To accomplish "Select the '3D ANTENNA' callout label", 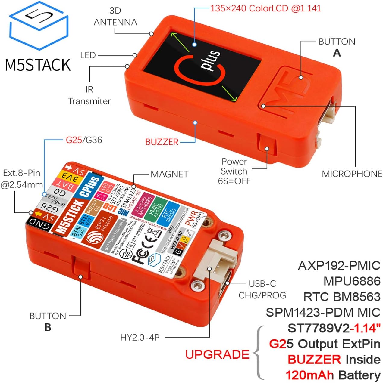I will [x=115, y=17].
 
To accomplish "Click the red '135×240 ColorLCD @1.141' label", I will [x=265, y=8].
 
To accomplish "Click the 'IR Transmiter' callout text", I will [x=89, y=95].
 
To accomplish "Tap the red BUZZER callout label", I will [x=162, y=142].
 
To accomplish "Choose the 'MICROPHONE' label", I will [x=352, y=174].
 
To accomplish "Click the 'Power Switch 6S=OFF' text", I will [x=234, y=171].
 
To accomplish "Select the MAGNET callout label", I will [x=169, y=174].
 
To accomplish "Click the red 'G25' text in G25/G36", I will [x=74, y=140].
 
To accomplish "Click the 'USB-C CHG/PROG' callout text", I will [x=262, y=289].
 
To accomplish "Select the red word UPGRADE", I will [x=217, y=354].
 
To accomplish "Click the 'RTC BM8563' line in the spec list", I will [x=342, y=297].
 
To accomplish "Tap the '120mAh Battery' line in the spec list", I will [x=333, y=375].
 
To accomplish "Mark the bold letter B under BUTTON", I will [x=48, y=327].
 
